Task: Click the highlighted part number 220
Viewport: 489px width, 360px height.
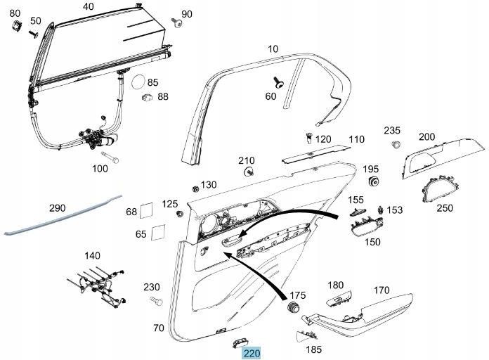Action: [251, 354]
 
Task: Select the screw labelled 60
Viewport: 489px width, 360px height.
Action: [280, 82]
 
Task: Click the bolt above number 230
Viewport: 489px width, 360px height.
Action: [155, 302]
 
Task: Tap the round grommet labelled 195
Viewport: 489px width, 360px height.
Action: [374, 182]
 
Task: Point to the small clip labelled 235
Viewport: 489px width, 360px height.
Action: [395, 146]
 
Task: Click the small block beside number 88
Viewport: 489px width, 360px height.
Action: [147, 97]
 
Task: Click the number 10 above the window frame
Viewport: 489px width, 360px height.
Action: [273, 49]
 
